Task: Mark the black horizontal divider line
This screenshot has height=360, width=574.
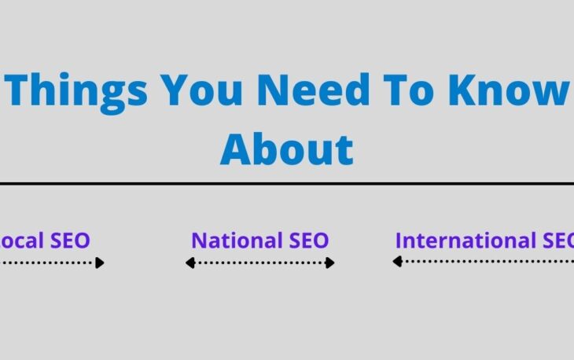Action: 286,183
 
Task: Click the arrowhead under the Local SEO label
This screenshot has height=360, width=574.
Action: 100,263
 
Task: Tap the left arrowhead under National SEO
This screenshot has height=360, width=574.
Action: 189,263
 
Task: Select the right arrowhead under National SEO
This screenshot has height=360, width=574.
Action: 330,263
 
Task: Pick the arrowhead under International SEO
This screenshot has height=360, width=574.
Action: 397,262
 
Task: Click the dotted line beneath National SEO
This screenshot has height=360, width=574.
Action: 259,263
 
